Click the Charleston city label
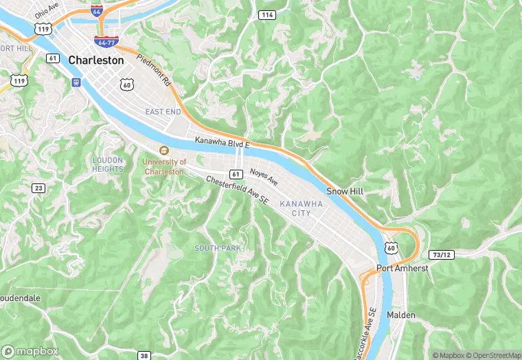96,60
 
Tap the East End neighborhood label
163,111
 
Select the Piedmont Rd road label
154,69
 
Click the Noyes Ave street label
264,177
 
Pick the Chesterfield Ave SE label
238,190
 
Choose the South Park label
217,248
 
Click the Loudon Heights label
108,164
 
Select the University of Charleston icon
163,150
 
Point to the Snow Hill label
345,191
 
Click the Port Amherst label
402,268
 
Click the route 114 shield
267,14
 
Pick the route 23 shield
38,188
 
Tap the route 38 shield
144,355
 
